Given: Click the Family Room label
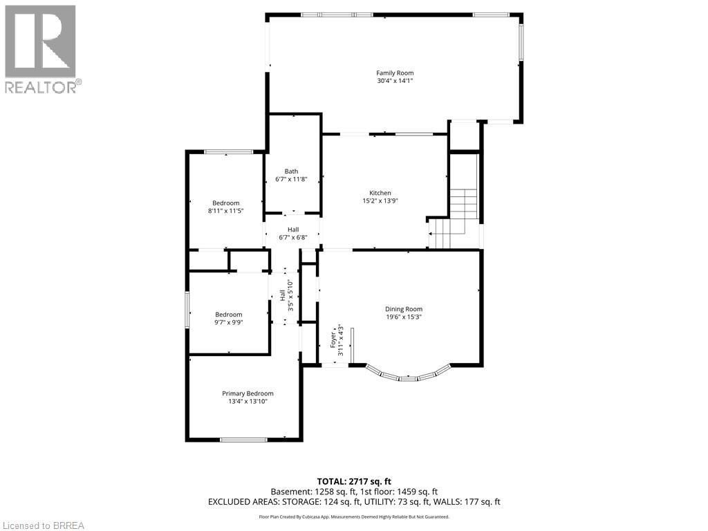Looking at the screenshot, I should click(395, 73).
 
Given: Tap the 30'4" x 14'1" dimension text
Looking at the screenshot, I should click(395, 81).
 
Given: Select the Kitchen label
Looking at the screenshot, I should click(380, 193).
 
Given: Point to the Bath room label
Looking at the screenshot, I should click(291, 171).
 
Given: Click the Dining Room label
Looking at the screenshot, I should click(404, 309).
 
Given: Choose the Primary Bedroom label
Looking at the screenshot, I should click(248, 393).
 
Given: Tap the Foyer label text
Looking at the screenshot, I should click(333, 338).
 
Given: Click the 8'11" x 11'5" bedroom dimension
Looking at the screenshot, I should click(226, 211).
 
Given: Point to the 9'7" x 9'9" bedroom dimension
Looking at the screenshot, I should click(228, 322).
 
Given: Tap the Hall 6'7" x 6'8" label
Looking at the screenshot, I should click(293, 234).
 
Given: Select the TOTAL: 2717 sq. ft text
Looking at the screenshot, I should click(354, 481).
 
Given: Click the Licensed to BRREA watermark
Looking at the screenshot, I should click(43, 525).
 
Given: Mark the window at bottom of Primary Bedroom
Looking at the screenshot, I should click(243, 439).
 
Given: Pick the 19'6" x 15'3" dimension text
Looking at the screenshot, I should click(404, 317).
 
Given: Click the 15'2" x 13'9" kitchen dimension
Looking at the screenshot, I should click(380, 201).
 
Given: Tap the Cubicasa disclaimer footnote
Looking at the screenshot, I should click(354, 516).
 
